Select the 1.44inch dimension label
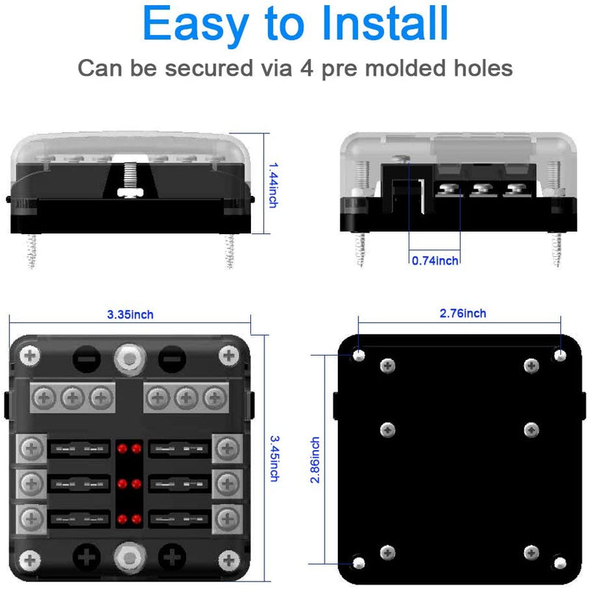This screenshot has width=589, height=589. [x=272, y=184]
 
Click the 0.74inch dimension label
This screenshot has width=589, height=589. [x=434, y=260]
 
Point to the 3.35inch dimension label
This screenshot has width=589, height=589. [x=130, y=314]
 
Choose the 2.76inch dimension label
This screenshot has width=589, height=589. [x=462, y=313]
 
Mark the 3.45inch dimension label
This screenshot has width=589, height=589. [x=273, y=456]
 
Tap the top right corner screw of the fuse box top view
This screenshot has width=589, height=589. [x=229, y=355]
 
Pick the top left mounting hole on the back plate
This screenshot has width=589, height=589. [x=359, y=356]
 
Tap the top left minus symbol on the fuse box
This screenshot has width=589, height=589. [x=82, y=359]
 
